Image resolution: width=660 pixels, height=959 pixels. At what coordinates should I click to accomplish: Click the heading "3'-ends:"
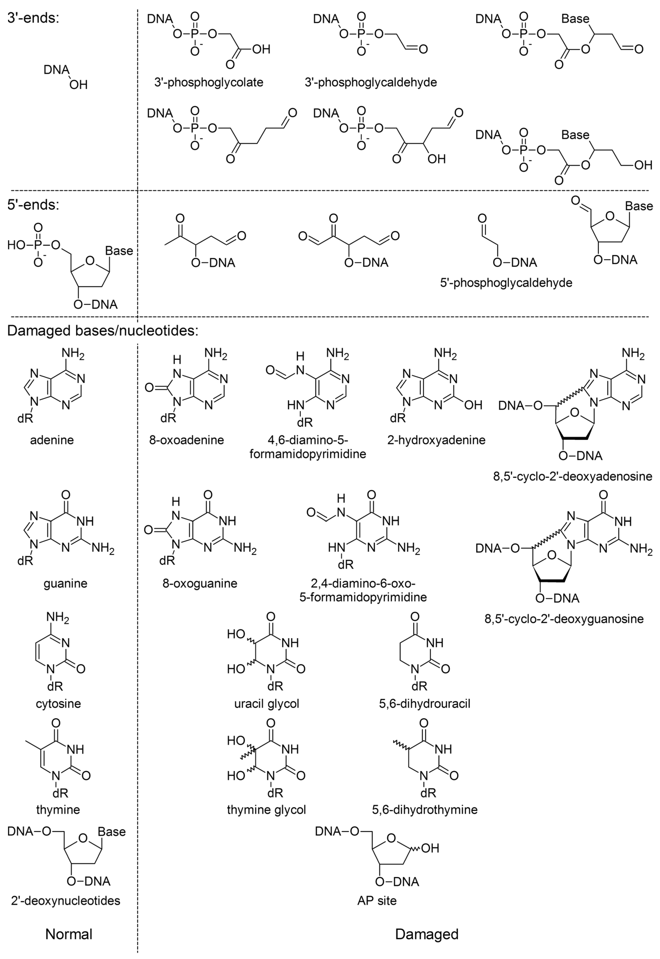(x=33, y=19)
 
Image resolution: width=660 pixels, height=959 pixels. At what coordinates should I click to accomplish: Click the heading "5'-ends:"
(x=33, y=205)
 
